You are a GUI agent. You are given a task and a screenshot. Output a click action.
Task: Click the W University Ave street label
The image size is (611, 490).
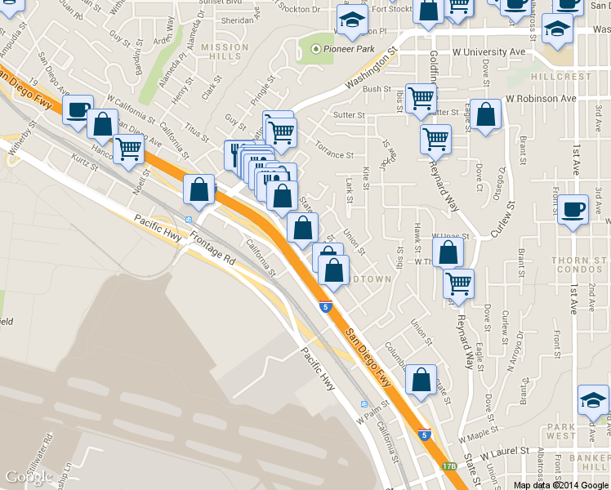pos(488,51)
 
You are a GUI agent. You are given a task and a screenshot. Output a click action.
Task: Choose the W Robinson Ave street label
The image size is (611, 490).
pos(541,98)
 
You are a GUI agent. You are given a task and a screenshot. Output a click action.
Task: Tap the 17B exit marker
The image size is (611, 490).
pos(449,466)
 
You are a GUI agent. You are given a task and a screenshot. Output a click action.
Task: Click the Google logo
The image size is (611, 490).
pos(29,476)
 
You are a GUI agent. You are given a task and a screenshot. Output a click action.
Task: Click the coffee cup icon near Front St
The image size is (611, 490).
pos(573,209)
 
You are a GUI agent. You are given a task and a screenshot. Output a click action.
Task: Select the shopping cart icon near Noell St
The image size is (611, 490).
pos(128,149)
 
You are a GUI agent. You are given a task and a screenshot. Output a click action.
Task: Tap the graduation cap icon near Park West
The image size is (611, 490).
pos(593,399)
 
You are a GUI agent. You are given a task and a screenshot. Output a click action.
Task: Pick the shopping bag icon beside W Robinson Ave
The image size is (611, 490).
pos(485,115)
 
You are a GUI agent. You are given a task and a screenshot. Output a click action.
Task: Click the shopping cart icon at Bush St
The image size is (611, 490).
pos(421,98)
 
